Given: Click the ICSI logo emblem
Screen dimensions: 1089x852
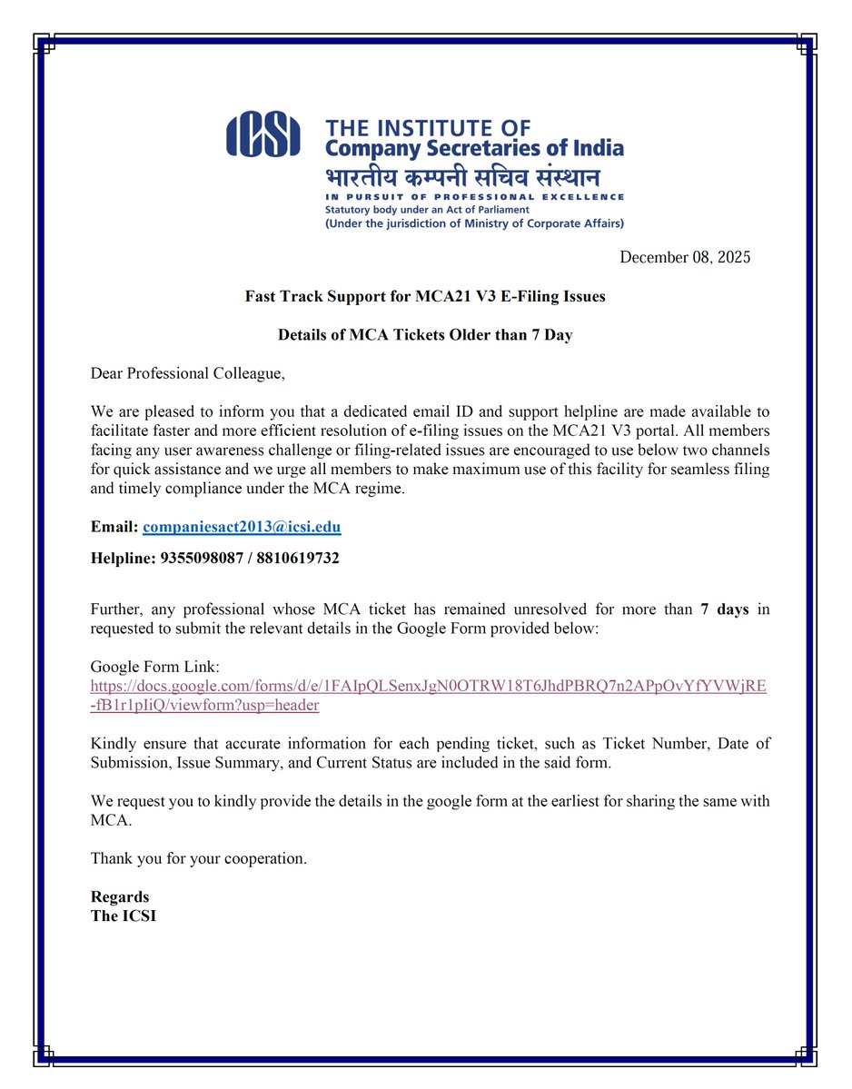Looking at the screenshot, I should [263, 134].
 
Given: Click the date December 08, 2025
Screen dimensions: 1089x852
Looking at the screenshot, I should [685, 257].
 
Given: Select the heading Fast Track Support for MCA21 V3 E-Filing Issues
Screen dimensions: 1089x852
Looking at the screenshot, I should [425, 296].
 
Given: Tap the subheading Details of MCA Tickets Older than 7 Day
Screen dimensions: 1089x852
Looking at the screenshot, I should [425, 335].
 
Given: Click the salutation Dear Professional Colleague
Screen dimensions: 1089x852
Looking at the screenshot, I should [189, 372].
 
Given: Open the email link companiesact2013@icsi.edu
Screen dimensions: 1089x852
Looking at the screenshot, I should [242, 527].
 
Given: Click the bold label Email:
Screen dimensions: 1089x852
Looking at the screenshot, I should [114, 527].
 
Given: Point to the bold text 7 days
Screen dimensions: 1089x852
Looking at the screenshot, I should [725, 609].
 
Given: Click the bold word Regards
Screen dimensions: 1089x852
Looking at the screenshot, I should [120, 897].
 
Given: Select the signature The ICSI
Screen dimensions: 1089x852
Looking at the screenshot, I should [124, 916].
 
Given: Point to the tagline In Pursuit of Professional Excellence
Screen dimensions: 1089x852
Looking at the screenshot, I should [474, 197].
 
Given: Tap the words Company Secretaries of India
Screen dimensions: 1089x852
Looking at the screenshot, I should [474, 147].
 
